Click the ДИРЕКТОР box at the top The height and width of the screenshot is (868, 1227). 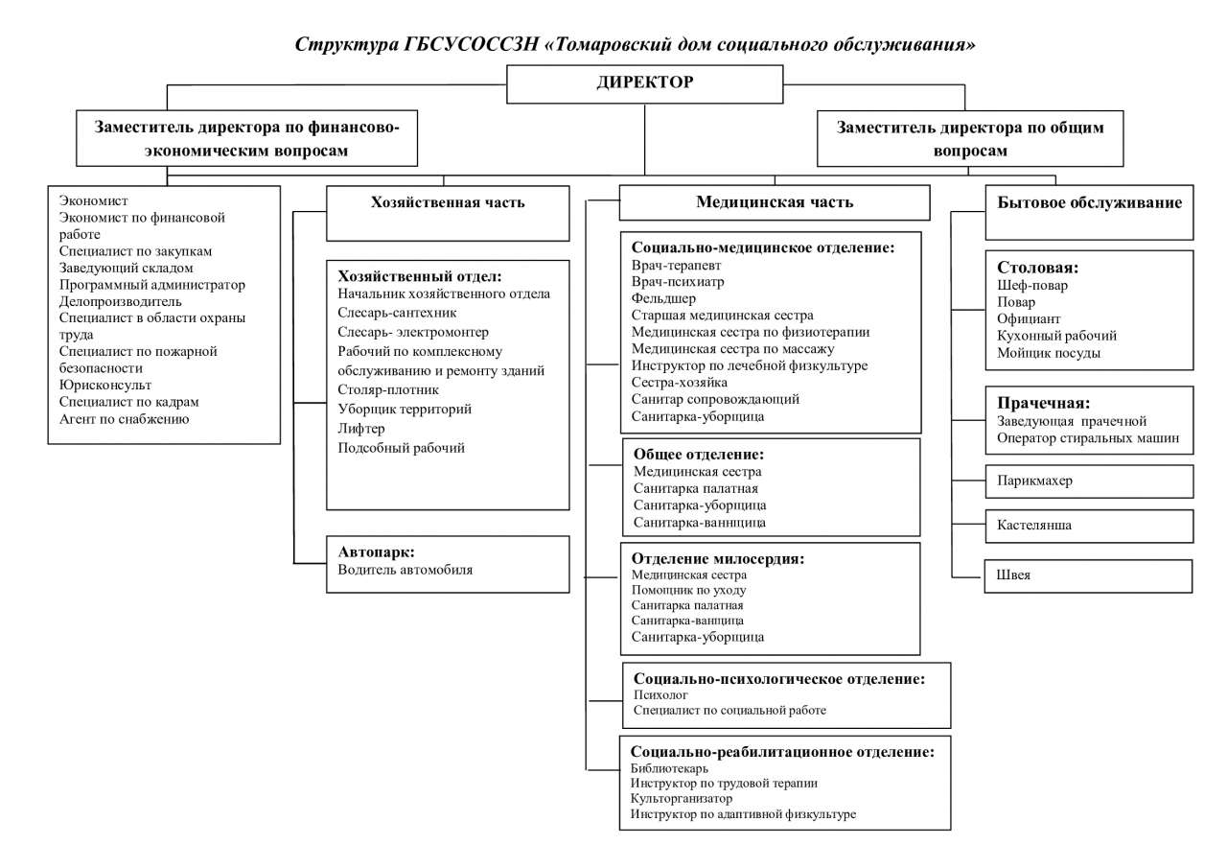click(x=645, y=84)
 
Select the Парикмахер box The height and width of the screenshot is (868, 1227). click(x=1089, y=481)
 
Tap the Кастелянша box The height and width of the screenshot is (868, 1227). click(x=1089, y=526)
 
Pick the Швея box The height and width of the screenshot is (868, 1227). click(x=1088, y=575)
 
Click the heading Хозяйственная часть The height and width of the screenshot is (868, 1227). click(x=448, y=202)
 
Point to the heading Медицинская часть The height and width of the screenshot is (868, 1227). click(x=775, y=202)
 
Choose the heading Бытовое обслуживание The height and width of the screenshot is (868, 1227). click(x=1089, y=202)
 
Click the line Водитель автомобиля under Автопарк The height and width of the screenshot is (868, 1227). click(x=405, y=570)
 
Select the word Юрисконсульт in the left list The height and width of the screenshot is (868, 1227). click(x=105, y=385)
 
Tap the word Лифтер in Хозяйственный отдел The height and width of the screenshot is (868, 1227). click(x=361, y=429)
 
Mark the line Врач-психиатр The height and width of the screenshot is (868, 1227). click(x=678, y=282)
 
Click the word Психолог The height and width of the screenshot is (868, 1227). click(x=660, y=694)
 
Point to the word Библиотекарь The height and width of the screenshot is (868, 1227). click(x=669, y=768)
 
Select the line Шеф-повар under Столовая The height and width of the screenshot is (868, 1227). click(x=1032, y=286)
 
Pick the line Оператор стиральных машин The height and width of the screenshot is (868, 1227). click(x=1088, y=437)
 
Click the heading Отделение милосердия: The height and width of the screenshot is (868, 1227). click(x=718, y=559)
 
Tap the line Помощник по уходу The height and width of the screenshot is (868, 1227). click(x=688, y=590)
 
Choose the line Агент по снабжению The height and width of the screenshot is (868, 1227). click(x=124, y=419)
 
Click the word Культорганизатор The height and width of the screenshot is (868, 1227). click(x=681, y=798)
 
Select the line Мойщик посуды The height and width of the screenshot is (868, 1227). click(x=1049, y=353)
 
